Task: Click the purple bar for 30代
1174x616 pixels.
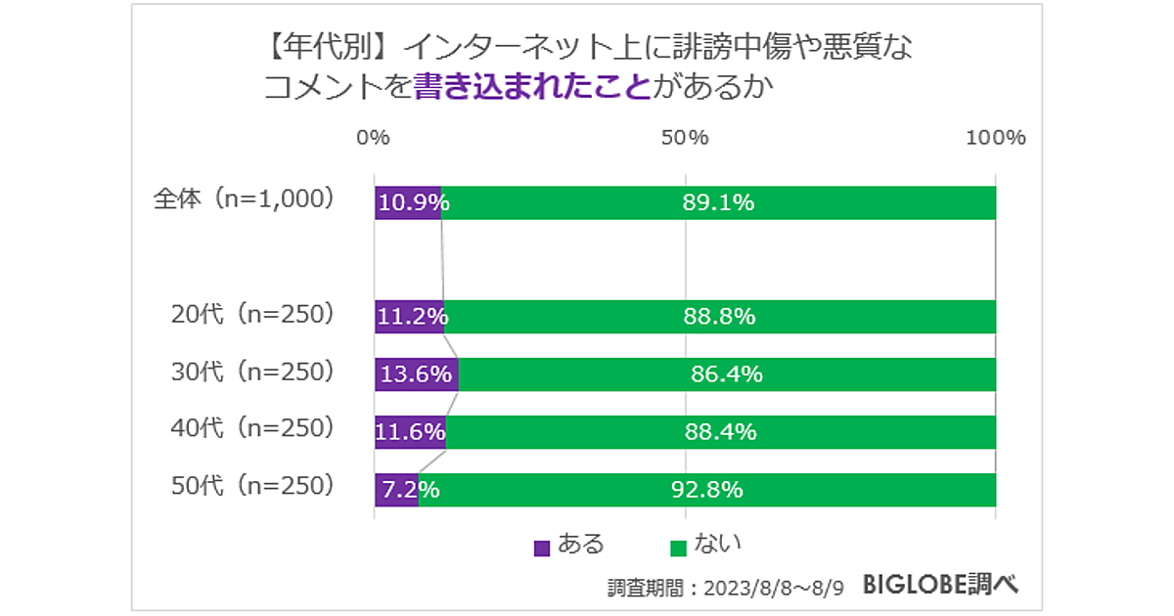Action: [416, 374]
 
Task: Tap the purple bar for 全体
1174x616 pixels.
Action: [407, 203]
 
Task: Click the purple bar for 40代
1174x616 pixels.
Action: [410, 431]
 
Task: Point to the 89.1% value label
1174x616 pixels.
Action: [718, 203]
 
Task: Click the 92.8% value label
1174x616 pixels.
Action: [707, 489]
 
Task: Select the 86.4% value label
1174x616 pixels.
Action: [726, 374]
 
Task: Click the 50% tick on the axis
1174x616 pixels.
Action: [685, 138]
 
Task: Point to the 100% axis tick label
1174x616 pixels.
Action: [996, 138]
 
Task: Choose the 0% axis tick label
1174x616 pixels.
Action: [374, 138]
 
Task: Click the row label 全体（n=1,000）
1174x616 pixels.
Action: [245, 199]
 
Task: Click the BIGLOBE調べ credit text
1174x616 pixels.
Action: [940, 585]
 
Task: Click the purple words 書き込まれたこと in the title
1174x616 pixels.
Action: [532, 87]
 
